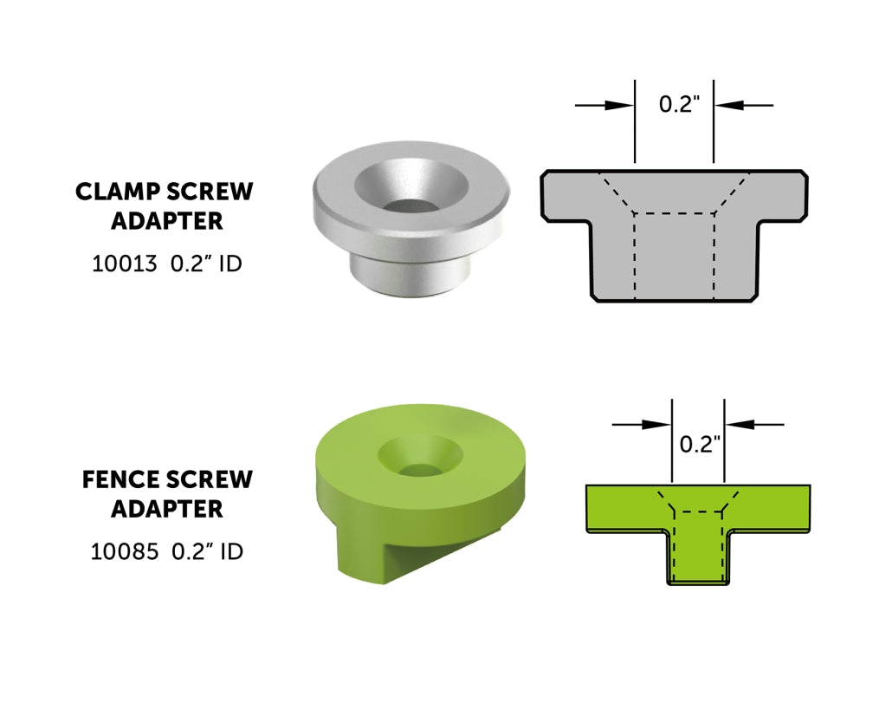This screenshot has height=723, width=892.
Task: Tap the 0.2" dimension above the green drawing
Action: click(x=700, y=445)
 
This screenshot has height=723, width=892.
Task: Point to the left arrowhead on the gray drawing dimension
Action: click(x=621, y=105)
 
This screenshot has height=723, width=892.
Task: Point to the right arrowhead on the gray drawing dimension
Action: click(x=728, y=105)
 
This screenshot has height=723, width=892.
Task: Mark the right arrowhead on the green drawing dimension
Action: click(x=738, y=424)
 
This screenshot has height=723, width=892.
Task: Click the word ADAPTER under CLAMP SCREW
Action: click(x=166, y=221)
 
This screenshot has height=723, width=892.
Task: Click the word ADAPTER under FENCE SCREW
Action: click(x=166, y=509)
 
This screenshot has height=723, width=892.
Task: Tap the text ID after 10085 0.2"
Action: click(x=231, y=551)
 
